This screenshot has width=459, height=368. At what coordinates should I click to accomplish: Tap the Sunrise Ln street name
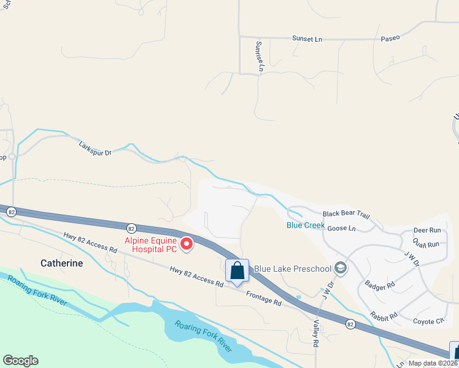coord(259,57)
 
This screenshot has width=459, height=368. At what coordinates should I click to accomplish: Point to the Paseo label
coord(390,38)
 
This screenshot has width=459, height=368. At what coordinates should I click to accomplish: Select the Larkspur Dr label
coord(95,148)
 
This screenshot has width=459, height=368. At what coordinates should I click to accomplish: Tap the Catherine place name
coord(61,263)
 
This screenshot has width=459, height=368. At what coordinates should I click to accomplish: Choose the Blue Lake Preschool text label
coord(292,268)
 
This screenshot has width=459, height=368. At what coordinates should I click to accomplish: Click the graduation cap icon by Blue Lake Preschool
coord(341,268)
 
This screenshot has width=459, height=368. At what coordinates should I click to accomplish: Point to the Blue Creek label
coord(306,225)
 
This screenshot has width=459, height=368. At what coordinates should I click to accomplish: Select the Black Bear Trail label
coord(347,214)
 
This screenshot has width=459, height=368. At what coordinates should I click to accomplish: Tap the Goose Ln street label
coord(342,228)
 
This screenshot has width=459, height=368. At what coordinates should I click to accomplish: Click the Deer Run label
coord(427,230)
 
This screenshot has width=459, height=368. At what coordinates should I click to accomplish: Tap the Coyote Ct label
coord(428,321)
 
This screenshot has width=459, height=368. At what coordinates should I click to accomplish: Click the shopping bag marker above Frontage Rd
coord(237,270)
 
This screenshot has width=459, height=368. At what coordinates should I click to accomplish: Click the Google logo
coord(20,361)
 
